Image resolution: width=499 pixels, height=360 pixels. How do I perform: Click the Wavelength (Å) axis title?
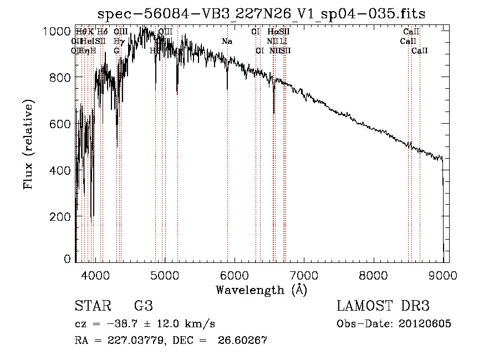click(261, 290)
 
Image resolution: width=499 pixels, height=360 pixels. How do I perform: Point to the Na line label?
click(227, 42)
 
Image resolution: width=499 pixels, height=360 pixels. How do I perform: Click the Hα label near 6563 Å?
click(272, 32)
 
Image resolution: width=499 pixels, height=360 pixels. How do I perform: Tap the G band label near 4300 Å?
click(117, 50)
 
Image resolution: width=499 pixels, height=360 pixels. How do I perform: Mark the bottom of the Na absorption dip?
click(227, 88)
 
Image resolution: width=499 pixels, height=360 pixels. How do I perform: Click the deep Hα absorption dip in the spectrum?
click(274, 113)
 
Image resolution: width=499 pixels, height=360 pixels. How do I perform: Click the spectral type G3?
click(143, 306)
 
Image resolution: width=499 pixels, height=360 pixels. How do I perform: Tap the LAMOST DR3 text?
click(383, 306)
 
